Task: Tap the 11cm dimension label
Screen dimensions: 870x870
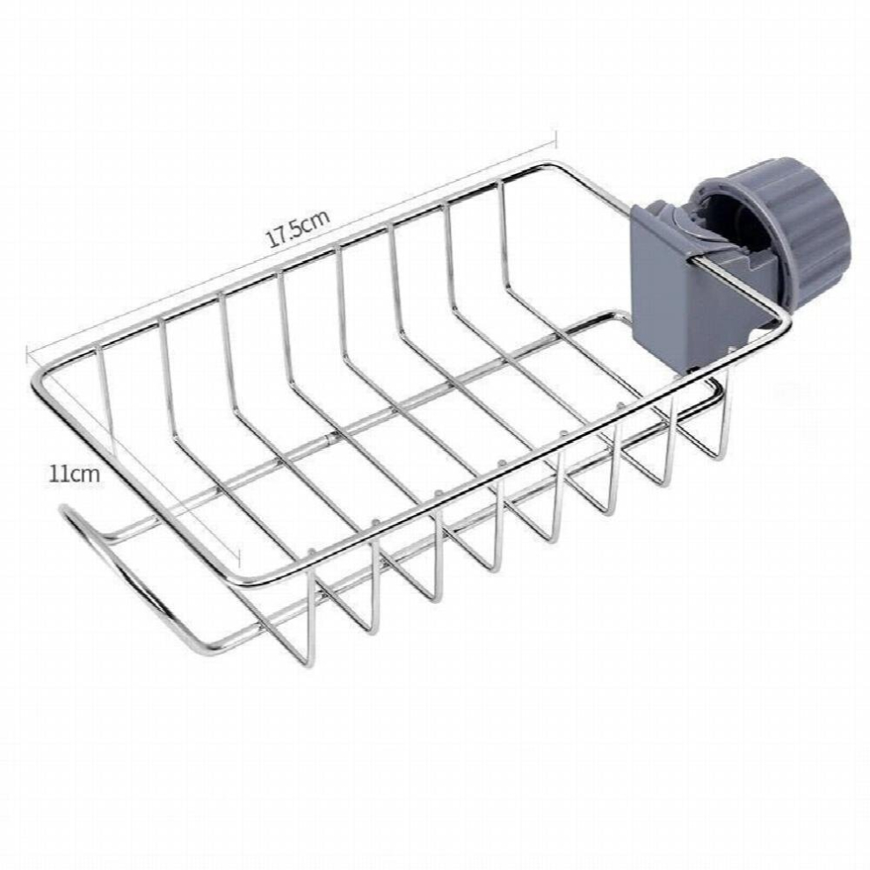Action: coord(75,475)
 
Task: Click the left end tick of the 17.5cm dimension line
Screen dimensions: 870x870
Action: coord(27,355)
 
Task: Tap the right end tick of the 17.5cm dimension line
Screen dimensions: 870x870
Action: coord(555,139)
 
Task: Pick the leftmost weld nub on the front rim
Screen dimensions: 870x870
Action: coord(311,552)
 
